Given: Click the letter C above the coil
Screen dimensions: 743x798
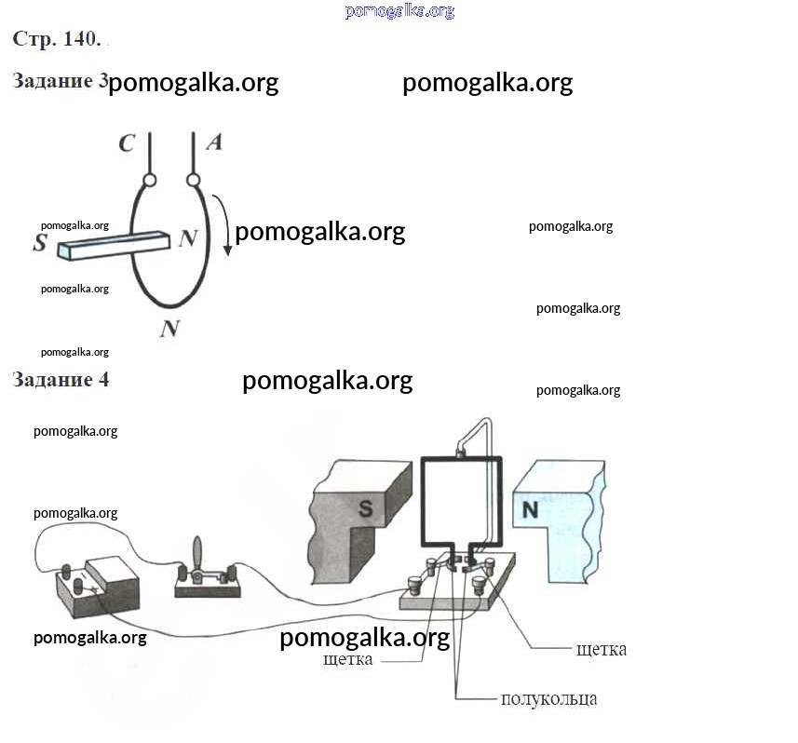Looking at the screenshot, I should [128, 143].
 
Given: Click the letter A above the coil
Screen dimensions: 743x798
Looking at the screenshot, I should [213, 142].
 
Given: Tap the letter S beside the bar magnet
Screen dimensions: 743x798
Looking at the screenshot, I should [40, 243].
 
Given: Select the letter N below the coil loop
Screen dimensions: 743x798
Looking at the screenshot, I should [169, 328].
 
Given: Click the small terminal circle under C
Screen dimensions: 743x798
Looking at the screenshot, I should [148, 180].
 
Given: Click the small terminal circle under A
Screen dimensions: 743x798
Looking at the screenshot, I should [194, 179].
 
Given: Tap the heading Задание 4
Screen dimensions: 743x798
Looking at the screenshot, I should [61, 380].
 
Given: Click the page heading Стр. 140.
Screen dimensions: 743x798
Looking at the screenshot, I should [57, 39].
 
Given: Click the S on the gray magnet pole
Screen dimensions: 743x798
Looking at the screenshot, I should [366, 507].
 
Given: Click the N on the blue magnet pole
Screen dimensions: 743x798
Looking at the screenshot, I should [530, 509].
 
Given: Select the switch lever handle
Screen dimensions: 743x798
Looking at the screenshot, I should [197, 553].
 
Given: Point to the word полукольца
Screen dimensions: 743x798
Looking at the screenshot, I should [548, 698].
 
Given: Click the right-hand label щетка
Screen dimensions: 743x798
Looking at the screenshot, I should [602, 649].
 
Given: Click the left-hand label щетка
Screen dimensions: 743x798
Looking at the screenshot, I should [348, 659].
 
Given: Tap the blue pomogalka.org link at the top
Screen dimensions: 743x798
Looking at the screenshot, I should [399, 11].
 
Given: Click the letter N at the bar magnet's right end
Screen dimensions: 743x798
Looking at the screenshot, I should [187, 238].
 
